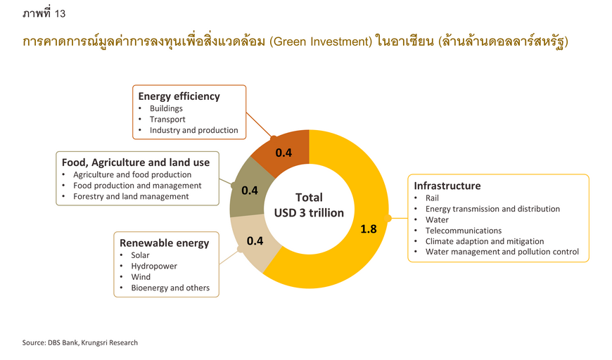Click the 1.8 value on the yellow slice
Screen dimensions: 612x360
pyautogui.click(x=369, y=229)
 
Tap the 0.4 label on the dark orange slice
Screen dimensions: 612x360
pyautogui.click(x=283, y=153)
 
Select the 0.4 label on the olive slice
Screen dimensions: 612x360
pyautogui.click(x=250, y=191)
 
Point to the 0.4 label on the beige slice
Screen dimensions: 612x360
pyautogui.click(x=255, y=240)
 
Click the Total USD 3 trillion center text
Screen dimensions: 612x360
pyautogui.click(x=309, y=205)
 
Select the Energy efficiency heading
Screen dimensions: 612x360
pyautogui.click(x=179, y=96)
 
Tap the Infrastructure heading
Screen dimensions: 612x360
pyautogui.click(x=447, y=186)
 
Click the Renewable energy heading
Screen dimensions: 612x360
pyautogui.click(x=165, y=243)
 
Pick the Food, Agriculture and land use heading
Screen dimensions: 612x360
pyautogui.click(x=136, y=162)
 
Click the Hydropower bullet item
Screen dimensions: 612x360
pyautogui.click(x=154, y=266)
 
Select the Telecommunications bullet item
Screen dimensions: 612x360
pyautogui.click(x=464, y=231)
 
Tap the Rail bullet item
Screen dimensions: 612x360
pyautogui.click(x=432, y=198)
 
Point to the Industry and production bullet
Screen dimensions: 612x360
pyautogui.click(x=194, y=130)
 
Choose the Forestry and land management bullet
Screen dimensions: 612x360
pyautogui.click(x=131, y=197)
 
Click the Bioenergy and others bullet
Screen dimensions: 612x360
pyautogui.click(x=170, y=288)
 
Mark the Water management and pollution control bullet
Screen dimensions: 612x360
pyautogui.click(x=502, y=252)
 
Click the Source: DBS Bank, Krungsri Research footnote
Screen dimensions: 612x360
pyautogui.click(x=80, y=343)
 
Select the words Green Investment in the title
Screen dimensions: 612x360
pyautogui.click(x=321, y=41)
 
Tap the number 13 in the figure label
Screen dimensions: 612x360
pyautogui.click(x=60, y=13)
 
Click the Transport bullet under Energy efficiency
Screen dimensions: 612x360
pyautogui.click(x=167, y=120)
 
